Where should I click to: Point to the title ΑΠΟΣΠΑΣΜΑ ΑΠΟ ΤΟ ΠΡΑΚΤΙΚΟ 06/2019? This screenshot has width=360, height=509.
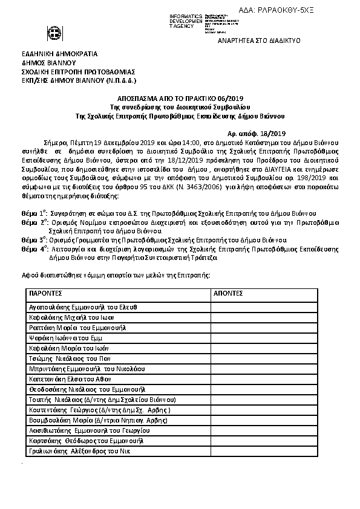pos(180,98)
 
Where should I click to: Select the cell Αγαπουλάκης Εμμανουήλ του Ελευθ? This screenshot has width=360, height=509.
pos(83,307)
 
